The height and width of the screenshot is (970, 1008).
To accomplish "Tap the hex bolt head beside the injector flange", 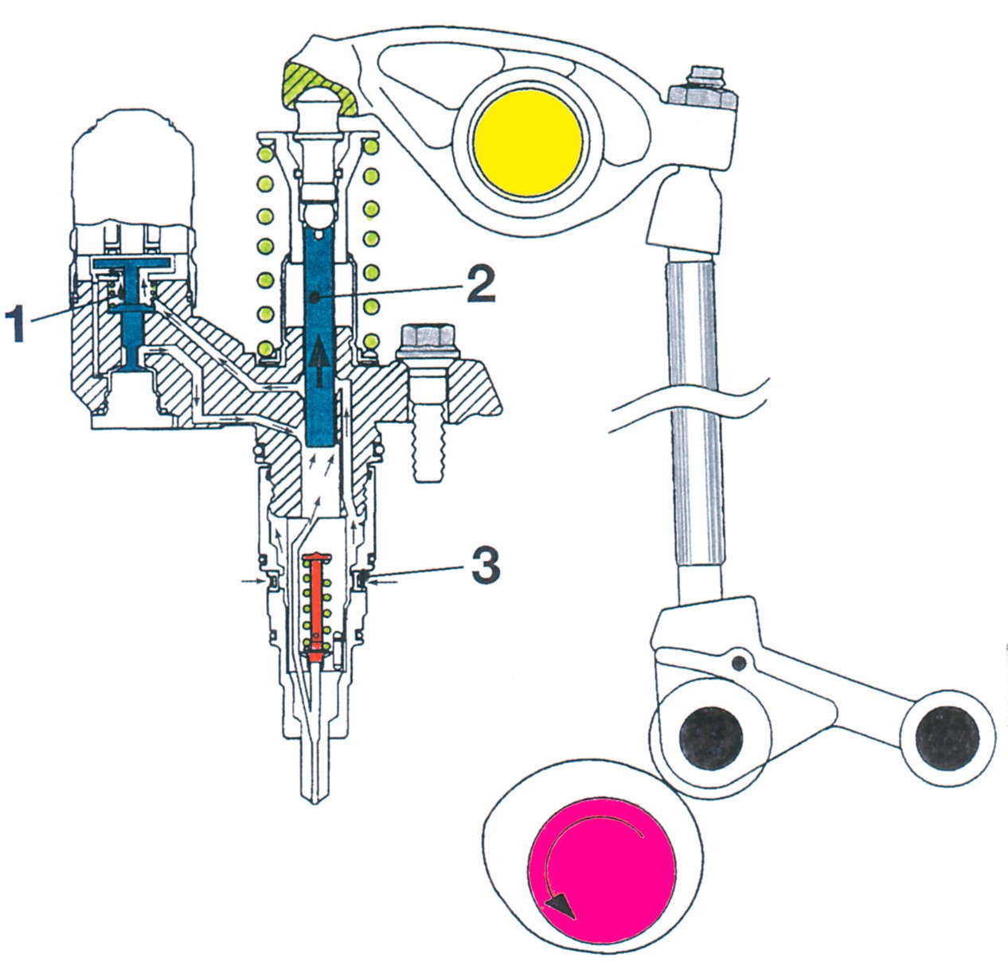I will [427, 341].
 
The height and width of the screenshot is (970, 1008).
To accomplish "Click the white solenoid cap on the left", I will [132, 167].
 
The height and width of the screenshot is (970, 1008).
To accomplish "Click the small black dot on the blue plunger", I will [316, 297].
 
